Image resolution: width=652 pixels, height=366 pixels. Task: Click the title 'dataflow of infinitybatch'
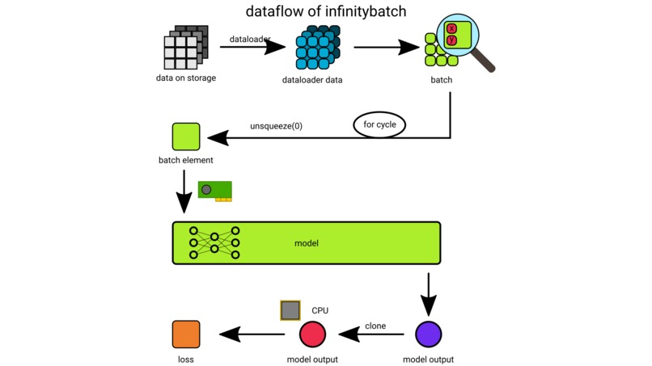coord(326,11)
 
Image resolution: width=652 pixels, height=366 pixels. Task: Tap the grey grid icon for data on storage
coord(185,48)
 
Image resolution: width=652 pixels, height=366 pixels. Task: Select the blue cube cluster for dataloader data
coord(317,48)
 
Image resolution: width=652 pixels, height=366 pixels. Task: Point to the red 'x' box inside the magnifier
coord(451,28)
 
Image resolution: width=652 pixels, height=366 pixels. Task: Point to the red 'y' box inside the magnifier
coord(451,40)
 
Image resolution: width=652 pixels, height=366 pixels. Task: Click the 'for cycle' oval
coord(379,125)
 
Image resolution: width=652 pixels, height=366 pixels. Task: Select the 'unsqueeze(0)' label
coord(276,126)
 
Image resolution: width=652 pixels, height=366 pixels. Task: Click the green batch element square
coord(186,137)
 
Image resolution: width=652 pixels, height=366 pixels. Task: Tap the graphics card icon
coord(216,191)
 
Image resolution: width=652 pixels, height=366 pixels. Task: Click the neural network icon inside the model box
coord(214,242)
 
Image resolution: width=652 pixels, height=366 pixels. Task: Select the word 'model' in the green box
coord(307,243)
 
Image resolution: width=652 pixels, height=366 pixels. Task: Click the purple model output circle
coord(428,334)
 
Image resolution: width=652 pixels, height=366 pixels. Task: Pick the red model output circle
coord(312,334)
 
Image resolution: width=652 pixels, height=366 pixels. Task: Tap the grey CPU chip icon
coord(290,310)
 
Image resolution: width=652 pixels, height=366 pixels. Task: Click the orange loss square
coord(186,334)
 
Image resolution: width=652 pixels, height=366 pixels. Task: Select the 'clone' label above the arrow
coord(375,326)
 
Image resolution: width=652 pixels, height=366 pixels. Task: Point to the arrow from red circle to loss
coord(251,334)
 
